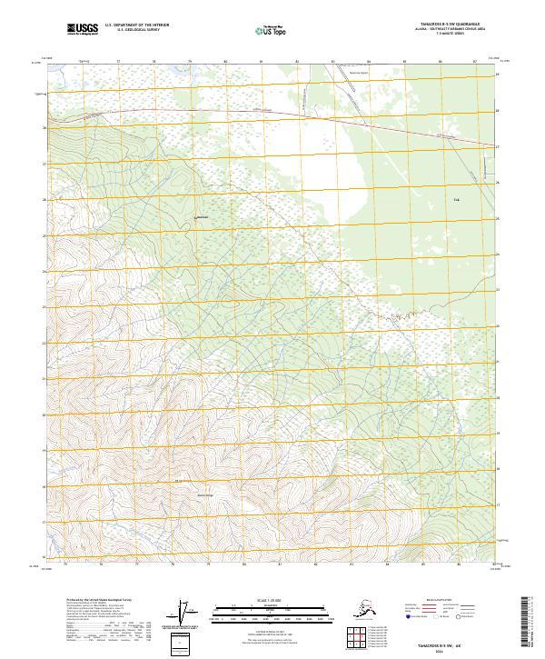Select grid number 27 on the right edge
tap(498, 146)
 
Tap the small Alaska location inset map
tap(367, 607)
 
